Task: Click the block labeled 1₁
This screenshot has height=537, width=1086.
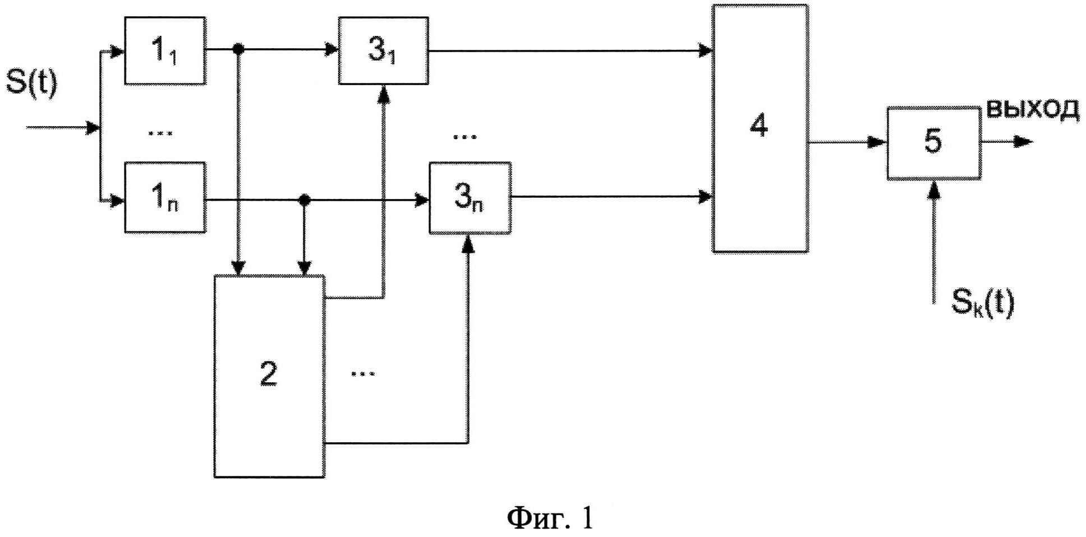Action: [164, 50]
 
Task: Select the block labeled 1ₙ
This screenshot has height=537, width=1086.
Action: [164, 197]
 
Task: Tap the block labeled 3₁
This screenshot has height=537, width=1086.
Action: [383, 50]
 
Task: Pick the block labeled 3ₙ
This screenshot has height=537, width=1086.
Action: [470, 197]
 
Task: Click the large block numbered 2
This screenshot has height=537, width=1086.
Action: [269, 376]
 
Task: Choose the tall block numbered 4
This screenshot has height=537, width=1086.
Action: [760, 128]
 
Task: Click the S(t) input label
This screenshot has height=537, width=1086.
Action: [31, 84]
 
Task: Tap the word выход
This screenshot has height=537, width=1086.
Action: [1032, 108]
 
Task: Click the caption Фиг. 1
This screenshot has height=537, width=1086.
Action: [550, 518]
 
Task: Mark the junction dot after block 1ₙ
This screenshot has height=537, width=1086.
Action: [304, 199]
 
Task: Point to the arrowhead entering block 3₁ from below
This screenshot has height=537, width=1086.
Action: [384, 93]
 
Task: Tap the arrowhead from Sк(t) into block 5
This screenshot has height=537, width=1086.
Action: [933, 189]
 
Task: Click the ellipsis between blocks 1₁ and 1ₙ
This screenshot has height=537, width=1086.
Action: [160, 132]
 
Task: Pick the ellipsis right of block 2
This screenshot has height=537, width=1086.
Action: [362, 373]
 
